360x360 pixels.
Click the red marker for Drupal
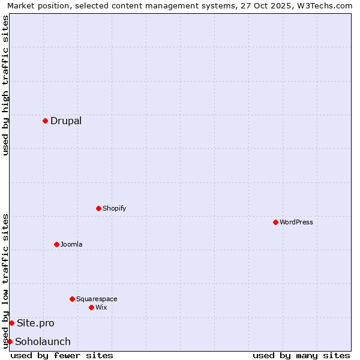[x=45, y=121]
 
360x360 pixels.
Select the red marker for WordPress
[x=275, y=222]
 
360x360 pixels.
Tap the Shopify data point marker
[x=98, y=208]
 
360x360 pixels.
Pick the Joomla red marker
[x=56, y=244]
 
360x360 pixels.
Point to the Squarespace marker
[x=72, y=299]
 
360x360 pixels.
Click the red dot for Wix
[x=91, y=307]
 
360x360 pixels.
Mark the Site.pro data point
[x=11, y=323]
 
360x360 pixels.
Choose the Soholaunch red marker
[x=10, y=341]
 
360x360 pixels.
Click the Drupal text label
[x=66, y=121]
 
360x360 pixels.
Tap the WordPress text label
[x=296, y=222]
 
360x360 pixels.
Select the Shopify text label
[x=114, y=208]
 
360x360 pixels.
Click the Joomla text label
[x=71, y=244]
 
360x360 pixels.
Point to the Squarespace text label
[x=97, y=299]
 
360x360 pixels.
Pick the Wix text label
[x=101, y=307]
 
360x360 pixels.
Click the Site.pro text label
[x=35, y=323]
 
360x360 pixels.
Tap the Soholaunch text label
[x=43, y=341]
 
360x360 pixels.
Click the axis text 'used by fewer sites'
[x=62, y=355]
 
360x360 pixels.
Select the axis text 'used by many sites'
[x=301, y=355]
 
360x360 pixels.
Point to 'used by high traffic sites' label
[x=5, y=85]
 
